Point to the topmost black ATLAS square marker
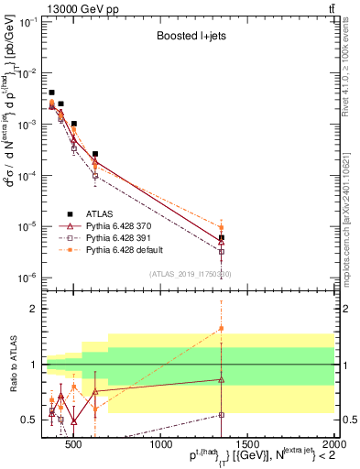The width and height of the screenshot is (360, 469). (x=52, y=93)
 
